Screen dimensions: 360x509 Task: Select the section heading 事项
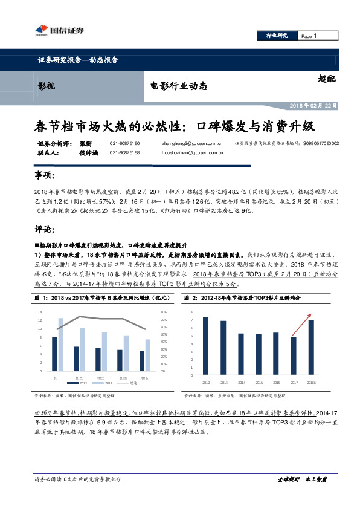[x=46, y=175]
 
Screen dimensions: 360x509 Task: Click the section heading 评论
[x=46, y=230]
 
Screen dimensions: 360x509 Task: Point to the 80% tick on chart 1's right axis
[x=163, y=311]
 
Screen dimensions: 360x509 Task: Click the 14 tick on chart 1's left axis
[x=40, y=311]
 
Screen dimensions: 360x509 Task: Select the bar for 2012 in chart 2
[x=205, y=346]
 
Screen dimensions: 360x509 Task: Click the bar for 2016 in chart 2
[x=276, y=354]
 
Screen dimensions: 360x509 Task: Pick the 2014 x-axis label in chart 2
[x=241, y=382]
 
